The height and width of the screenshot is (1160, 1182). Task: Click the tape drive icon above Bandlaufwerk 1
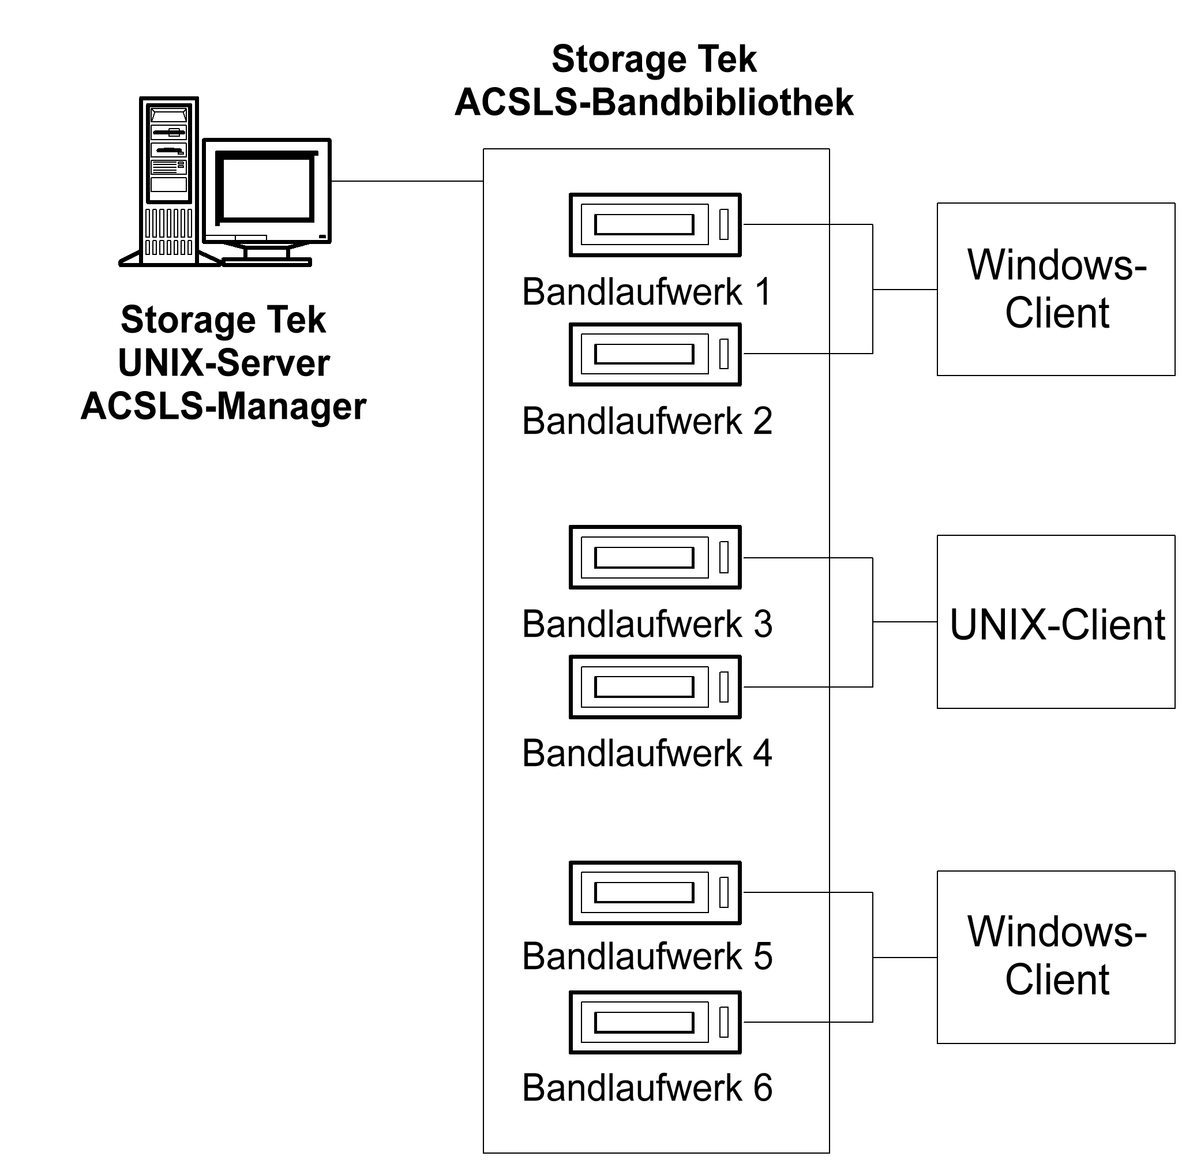pos(655,225)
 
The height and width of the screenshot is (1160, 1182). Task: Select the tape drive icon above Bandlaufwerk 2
pos(655,354)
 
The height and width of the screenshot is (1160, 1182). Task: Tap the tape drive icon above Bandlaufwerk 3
pos(655,557)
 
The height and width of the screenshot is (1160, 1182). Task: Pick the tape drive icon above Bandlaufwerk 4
pos(655,687)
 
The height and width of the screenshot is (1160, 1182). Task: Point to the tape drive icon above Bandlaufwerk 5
pos(655,892)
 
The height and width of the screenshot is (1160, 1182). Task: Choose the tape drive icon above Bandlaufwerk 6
pos(655,1022)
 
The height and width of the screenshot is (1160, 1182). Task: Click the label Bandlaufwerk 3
pos(647,625)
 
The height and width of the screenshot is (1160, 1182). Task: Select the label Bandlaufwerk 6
pos(647,1088)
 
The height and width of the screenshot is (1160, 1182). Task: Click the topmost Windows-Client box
pos(1056,289)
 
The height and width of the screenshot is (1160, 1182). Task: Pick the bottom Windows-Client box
pos(1056,958)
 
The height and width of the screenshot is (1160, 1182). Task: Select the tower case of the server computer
pos(169,182)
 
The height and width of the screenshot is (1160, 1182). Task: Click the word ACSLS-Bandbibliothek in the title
pos(654,102)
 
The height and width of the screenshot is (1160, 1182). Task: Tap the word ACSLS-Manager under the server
pos(224,406)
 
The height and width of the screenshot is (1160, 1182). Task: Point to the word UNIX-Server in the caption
pos(224,363)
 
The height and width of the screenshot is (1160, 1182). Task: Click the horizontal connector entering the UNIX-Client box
pos(905,622)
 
